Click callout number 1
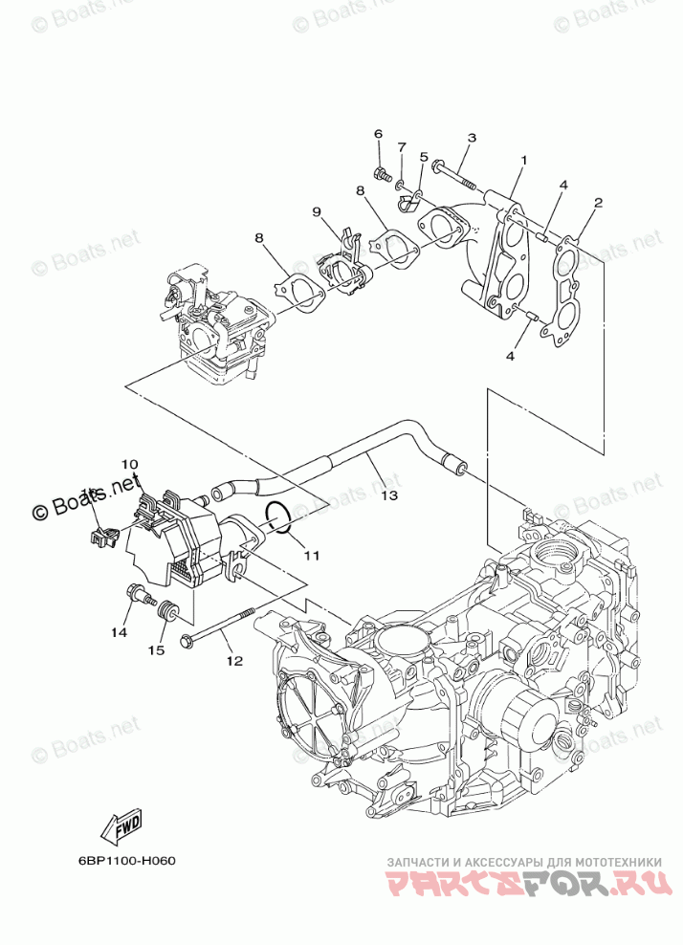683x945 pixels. tap(523, 159)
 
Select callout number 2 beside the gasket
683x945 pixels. tap(597, 203)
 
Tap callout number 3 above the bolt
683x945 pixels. tap(472, 139)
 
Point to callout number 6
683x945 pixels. tap(378, 134)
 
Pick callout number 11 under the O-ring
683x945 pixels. tap(312, 554)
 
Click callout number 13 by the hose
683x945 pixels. tap(387, 495)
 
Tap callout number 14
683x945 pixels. tap(118, 632)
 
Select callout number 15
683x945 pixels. tap(156, 649)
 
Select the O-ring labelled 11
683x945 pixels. tap(277, 516)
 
